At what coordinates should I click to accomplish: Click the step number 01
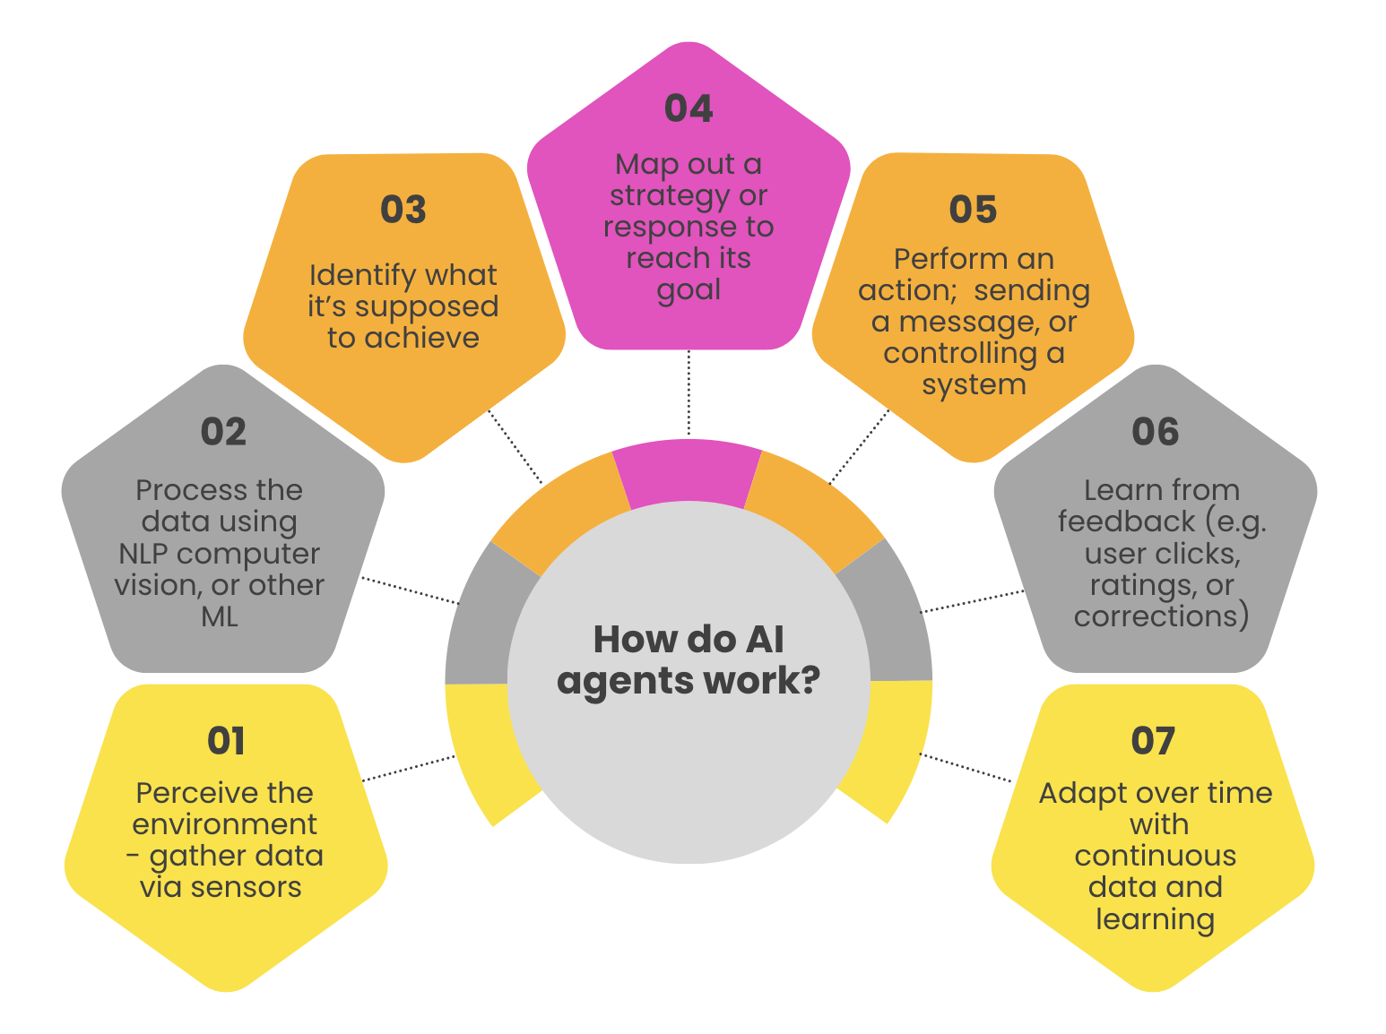click(226, 741)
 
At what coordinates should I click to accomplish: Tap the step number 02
click(223, 432)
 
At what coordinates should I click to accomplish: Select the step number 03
click(403, 210)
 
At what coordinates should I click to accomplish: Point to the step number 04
click(689, 108)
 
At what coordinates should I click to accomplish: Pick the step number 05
click(973, 210)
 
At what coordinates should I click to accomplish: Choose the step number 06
click(1155, 432)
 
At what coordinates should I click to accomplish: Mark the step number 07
click(1153, 741)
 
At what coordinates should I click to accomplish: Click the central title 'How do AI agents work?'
click(689, 659)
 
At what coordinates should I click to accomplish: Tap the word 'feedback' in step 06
click(1127, 521)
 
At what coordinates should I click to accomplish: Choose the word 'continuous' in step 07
click(1155, 856)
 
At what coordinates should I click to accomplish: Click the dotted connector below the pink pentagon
click(689, 392)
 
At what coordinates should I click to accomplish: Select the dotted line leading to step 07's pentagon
click(966, 768)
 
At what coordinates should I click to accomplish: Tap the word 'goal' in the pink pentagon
click(689, 291)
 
